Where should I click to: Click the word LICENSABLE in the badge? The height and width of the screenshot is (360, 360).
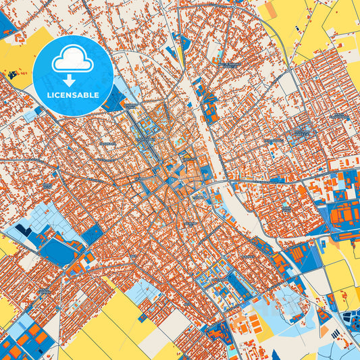pos(72,95)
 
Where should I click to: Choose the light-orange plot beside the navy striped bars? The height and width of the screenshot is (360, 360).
pos(330,330)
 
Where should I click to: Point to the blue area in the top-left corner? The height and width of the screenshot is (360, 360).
pos(7,24)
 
